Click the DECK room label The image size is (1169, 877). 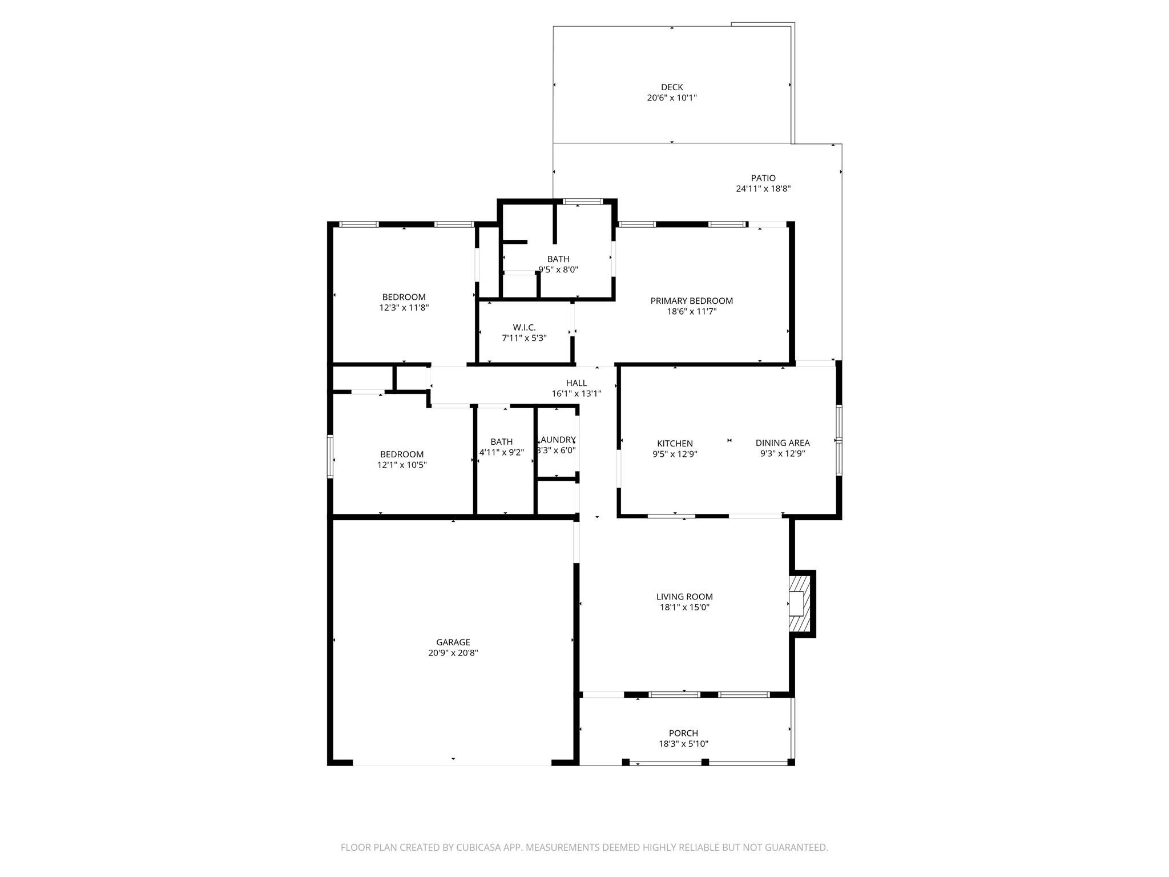click(671, 87)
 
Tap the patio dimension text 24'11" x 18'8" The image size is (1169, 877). click(763, 189)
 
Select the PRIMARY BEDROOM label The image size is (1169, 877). click(691, 301)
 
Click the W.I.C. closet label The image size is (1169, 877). click(524, 328)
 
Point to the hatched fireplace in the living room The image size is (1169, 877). click(799, 603)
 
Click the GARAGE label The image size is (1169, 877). click(453, 642)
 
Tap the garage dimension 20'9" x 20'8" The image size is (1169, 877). click(453, 653)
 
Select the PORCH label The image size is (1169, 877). click(683, 733)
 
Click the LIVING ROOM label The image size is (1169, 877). click(684, 597)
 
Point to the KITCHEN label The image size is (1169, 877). click(675, 444)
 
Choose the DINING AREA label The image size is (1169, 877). click(782, 443)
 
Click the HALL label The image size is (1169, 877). click(576, 383)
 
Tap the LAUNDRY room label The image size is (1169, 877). click(558, 440)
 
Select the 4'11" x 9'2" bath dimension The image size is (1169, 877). click(501, 453)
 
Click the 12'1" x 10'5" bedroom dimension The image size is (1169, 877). click(401, 465)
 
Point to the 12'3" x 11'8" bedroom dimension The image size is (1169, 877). click(404, 308)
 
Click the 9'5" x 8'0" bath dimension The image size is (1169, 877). click(558, 270)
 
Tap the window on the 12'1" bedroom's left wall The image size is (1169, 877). click(330, 456)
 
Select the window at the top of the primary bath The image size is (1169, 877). click(582, 202)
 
